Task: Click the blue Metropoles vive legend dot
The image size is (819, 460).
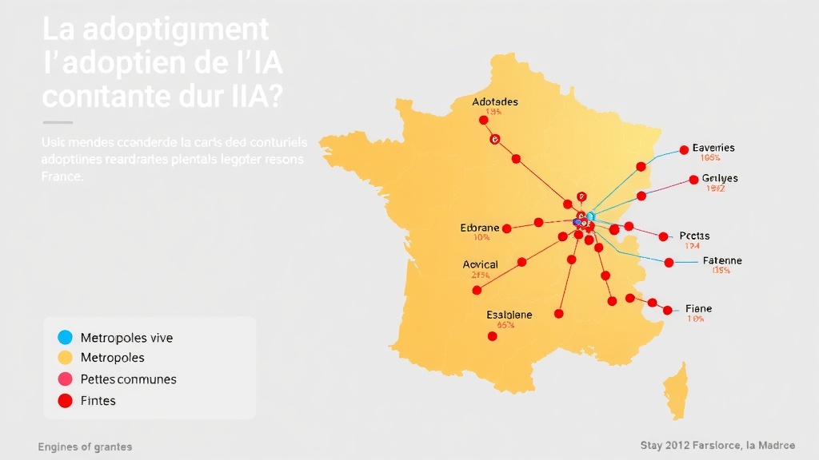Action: coord(66,337)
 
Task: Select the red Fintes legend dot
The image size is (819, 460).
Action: coord(66,400)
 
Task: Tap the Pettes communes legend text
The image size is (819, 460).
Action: coord(128,379)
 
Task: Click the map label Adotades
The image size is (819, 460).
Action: coord(495,101)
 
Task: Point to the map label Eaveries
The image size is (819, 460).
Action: coord(713,148)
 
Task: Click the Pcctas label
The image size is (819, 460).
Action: coord(694,236)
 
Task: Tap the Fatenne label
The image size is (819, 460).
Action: coord(721,260)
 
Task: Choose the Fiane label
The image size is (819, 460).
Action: coord(698,308)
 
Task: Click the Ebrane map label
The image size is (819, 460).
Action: coord(480,228)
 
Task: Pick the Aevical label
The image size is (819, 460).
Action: coord(480,264)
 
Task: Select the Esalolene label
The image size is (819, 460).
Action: coord(509,315)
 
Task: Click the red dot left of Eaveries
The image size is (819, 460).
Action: coord(684,149)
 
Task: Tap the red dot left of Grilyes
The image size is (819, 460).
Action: coord(693,180)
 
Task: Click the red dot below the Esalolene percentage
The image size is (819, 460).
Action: coord(492,336)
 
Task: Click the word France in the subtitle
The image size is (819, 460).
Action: coord(61,176)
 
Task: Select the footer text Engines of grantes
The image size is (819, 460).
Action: coord(85,446)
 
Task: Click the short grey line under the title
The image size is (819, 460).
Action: coord(58,122)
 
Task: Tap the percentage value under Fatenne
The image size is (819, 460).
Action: coord(721,271)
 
